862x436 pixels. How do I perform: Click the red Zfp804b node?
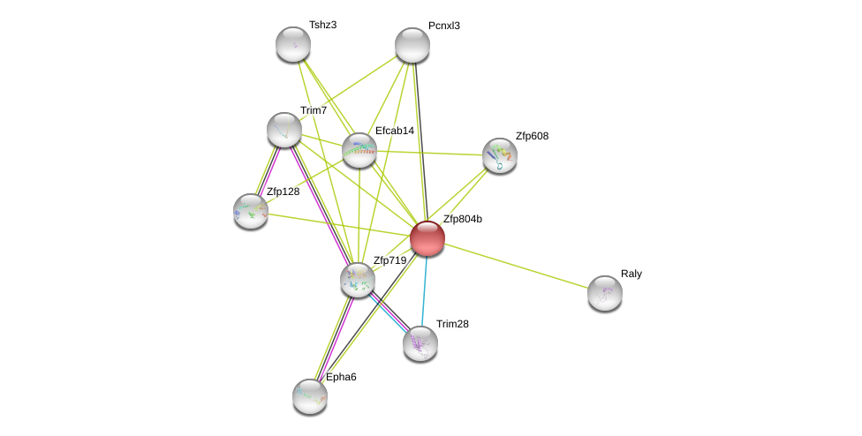tap(427, 238)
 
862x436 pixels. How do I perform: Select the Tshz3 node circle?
tap(293, 44)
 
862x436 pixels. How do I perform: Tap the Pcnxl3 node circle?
tap(412, 45)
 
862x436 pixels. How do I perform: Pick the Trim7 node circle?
tap(284, 130)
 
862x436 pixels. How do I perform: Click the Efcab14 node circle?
tap(359, 150)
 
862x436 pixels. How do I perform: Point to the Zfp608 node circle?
tap(500, 155)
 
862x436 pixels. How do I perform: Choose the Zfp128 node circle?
tap(251, 211)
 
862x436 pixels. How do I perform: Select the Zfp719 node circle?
tap(358, 280)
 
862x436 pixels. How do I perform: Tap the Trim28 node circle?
tap(420, 343)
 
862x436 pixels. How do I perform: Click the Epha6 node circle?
tap(310, 396)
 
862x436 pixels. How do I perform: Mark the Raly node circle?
tap(605, 293)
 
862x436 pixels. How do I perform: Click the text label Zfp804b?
tap(462, 220)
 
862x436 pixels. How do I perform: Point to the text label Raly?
tap(631, 274)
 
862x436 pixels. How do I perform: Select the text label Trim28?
tap(452, 324)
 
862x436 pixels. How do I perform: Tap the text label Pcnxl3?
tap(443, 26)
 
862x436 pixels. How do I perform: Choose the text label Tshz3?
tap(322, 25)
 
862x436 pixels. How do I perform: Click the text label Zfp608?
tap(532, 136)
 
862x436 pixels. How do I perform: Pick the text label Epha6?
tap(341, 377)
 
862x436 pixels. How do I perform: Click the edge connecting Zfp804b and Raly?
tap(517, 266)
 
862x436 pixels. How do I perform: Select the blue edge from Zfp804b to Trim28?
tap(424, 291)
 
